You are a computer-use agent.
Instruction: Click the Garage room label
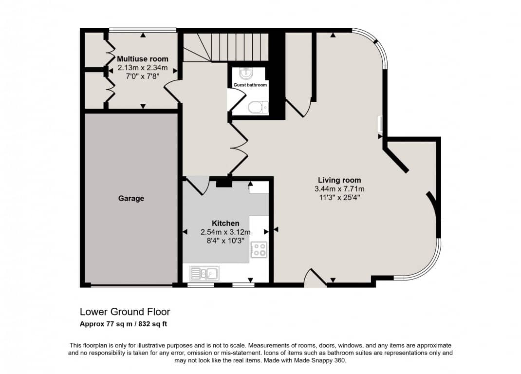131,199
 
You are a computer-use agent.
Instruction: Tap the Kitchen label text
225,224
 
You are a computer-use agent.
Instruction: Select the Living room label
339,180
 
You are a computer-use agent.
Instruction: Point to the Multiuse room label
143,59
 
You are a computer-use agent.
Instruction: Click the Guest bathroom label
250,85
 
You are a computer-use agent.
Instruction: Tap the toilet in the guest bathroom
258,107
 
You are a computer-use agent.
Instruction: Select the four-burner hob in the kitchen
259,250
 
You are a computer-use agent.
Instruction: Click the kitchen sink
205,274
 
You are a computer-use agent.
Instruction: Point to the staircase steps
226,47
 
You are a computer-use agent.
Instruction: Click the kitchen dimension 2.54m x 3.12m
225,232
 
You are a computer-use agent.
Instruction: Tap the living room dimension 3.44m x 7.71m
339,189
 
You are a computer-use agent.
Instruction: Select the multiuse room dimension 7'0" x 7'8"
143,76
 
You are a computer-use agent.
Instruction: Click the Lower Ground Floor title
125,312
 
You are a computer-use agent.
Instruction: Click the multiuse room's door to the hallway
172,92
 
